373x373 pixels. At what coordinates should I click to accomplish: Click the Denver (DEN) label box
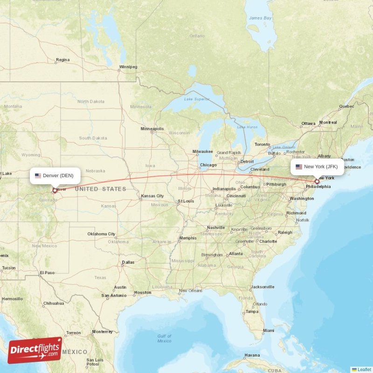tap(55, 176)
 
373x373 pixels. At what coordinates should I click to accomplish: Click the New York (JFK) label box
tap(318, 166)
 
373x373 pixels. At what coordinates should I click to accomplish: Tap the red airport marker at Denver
tap(55, 190)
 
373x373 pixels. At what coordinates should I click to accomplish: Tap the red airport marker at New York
tap(317, 181)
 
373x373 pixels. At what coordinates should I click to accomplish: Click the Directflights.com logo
tap(35, 350)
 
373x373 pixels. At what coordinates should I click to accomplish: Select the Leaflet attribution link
tap(364, 369)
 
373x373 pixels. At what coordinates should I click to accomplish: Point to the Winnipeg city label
tap(128, 67)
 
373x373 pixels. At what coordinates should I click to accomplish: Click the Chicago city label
tap(208, 165)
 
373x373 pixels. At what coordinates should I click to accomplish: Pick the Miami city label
tap(268, 330)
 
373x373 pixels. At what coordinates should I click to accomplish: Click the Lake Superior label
tap(196, 99)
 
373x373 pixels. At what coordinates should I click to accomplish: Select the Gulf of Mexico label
tap(164, 338)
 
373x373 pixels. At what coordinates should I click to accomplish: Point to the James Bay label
tap(260, 18)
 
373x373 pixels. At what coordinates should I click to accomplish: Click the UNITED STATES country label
tap(100, 189)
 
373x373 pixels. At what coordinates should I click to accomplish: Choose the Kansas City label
tap(154, 196)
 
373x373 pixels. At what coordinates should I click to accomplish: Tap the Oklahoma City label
tap(101, 234)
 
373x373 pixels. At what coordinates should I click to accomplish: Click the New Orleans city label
tap(190, 290)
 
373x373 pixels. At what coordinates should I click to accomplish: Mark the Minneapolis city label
tap(152, 129)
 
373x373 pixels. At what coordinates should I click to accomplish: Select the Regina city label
tap(62, 60)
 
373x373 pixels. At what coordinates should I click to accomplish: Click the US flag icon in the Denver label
tap(38, 176)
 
